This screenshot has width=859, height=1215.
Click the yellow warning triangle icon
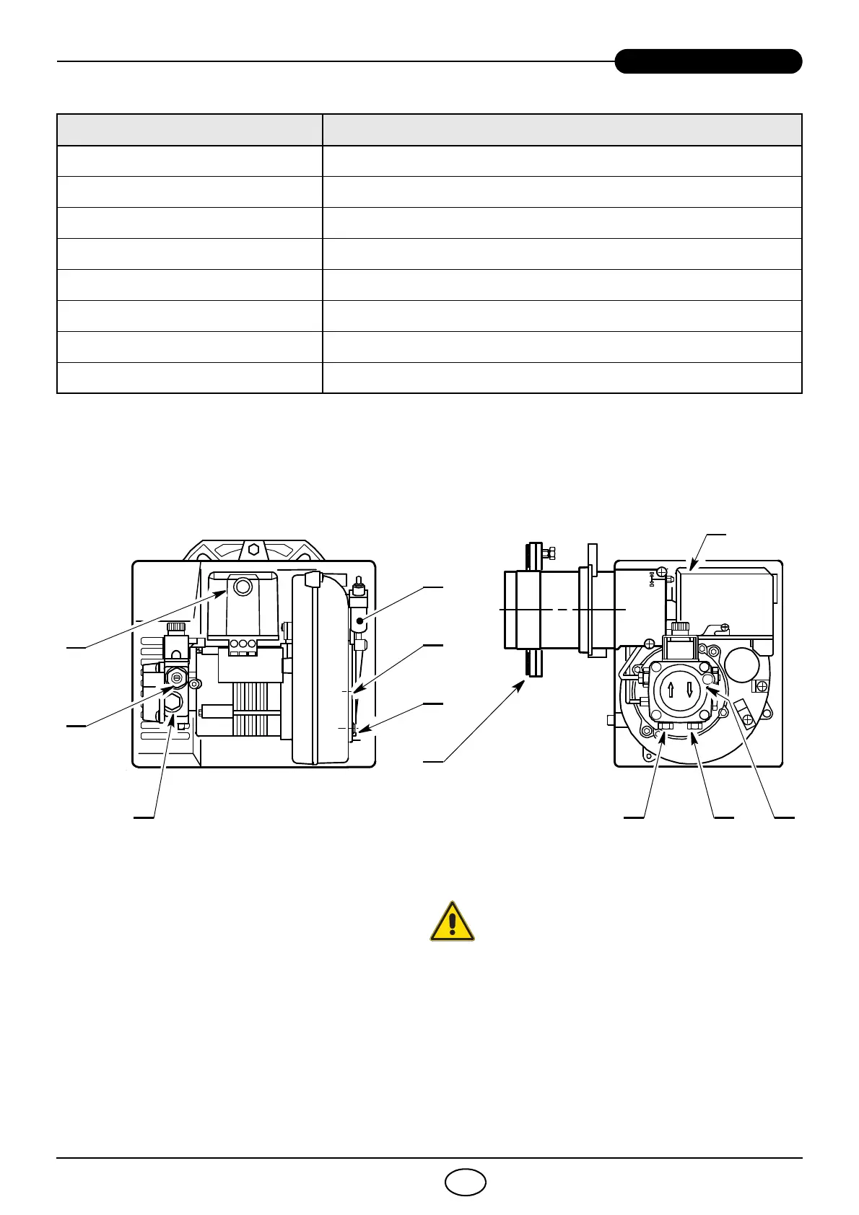pos(453,921)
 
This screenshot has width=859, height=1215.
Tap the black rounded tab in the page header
pos(708,61)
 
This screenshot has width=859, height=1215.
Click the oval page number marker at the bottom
pos(466,1182)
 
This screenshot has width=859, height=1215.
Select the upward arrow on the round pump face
pos(671,690)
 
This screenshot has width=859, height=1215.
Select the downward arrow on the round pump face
pos(690,690)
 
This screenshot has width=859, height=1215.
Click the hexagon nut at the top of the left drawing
pos(253,549)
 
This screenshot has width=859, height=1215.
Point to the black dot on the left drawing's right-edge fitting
pos(359,620)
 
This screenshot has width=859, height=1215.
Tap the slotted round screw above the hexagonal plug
pos(177,677)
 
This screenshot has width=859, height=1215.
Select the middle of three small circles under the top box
pos(243,643)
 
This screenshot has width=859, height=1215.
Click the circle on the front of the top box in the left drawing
pos(243,588)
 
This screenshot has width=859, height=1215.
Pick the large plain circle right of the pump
pos(741,664)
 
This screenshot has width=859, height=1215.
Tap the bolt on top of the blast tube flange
pos(548,553)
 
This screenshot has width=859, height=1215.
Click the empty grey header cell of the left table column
pos(190,130)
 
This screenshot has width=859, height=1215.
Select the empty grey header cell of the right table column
pos(562,130)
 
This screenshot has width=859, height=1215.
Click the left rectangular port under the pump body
pos(666,727)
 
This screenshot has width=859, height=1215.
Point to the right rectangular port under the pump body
pos(694,727)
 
